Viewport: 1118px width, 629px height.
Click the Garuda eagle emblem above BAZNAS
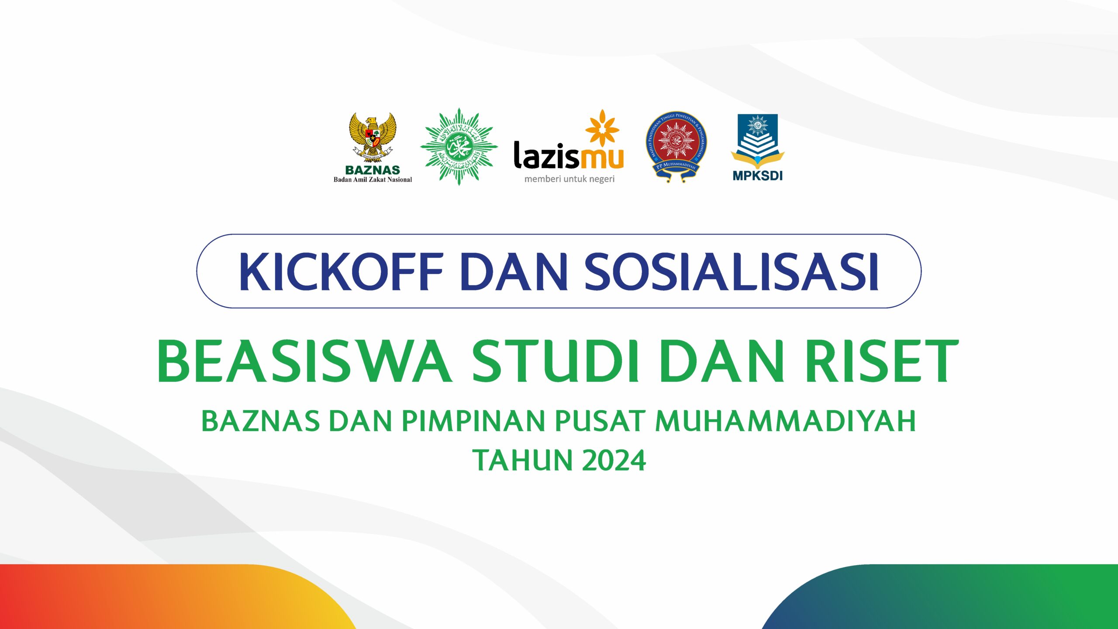[x=373, y=135]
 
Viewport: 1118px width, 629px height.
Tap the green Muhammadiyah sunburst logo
[x=459, y=147]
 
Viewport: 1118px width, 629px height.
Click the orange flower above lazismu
[x=602, y=128]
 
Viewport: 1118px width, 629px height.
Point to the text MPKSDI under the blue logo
[x=758, y=176]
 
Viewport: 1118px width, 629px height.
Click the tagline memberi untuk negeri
[x=569, y=179]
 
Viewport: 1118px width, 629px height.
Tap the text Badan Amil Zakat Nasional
[x=373, y=180]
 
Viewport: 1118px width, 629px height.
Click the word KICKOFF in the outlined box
[x=341, y=272]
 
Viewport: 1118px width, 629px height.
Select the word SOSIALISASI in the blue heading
[x=732, y=272]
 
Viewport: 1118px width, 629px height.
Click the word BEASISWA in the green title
[x=304, y=362]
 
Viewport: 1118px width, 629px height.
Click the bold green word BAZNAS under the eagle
[x=373, y=170]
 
